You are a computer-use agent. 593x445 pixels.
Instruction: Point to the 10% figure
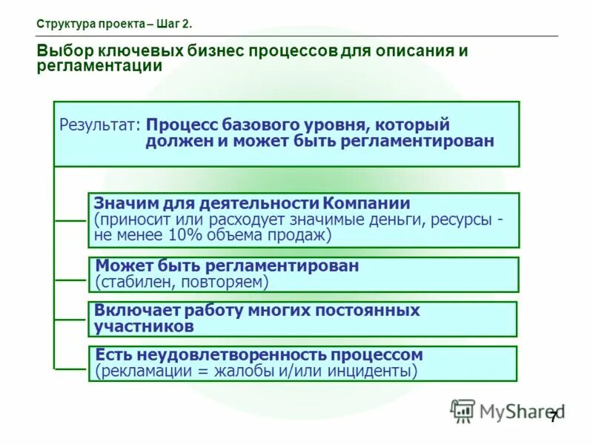tap(186, 236)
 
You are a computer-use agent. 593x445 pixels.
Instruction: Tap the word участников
tap(145, 326)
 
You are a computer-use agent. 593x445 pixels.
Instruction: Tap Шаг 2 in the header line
tap(173, 24)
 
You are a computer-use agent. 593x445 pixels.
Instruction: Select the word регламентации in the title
tap(99, 66)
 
